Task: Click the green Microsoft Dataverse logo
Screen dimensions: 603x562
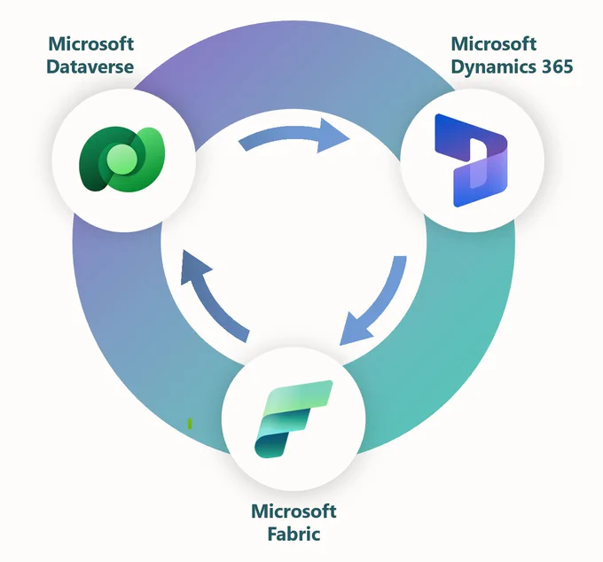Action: click(121, 159)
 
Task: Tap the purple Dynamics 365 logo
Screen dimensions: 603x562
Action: click(471, 160)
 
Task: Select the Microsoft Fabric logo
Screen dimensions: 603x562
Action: click(293, 418)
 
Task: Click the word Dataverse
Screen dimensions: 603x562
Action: click(90, 66)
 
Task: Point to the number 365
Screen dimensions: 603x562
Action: click(558, 66)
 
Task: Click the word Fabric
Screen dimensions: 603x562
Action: click(294, 534)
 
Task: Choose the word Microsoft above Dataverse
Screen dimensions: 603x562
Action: click(91, 43)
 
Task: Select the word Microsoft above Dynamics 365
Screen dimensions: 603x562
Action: click(494, 43)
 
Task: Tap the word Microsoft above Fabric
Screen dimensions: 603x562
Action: click(294, 511)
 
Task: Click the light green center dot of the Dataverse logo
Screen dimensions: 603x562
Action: click(121, 160)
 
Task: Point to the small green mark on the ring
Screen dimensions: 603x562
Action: click(190, 424)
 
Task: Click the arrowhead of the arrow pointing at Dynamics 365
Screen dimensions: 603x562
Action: click(331, 136)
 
